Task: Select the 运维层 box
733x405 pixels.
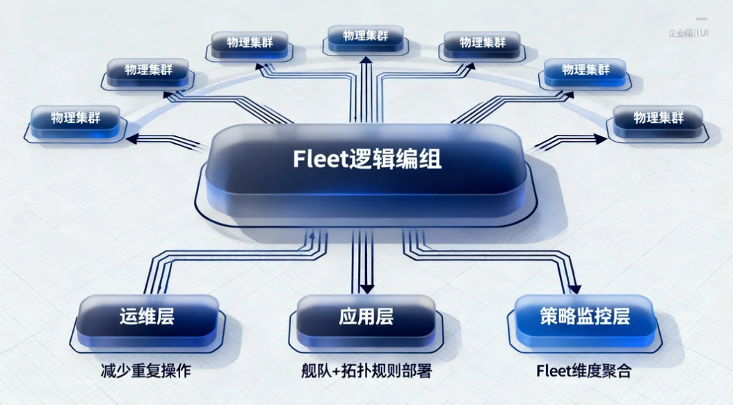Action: (x=146, y=317)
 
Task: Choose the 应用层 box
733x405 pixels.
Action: (x=366, y=317)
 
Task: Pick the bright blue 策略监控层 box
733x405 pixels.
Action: (x=584, y=317)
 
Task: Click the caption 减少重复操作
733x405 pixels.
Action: (x=146, y=371)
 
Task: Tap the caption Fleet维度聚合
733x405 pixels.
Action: (x=584, y=371)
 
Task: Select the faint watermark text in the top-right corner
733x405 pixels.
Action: (x=688, y=33)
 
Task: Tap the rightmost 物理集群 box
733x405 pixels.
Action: (x=658, y=117)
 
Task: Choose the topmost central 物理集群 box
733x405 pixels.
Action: (x=365, y=35)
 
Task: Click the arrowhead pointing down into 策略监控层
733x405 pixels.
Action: (x=574, y=288)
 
